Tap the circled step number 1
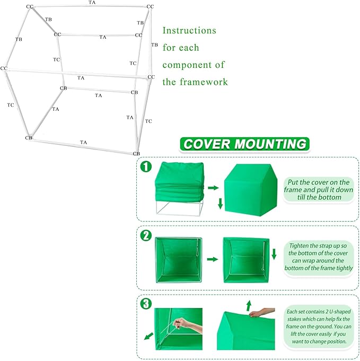(x=146, y=166)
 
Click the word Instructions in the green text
(x=189, y=31)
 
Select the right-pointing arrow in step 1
(x=213, y=188)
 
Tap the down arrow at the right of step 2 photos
(x=274, y=253)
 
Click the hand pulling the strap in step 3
(x=182, y=323)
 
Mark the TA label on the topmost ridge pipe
(x=92, y=3)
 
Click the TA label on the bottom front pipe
(x=83, y=143)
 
